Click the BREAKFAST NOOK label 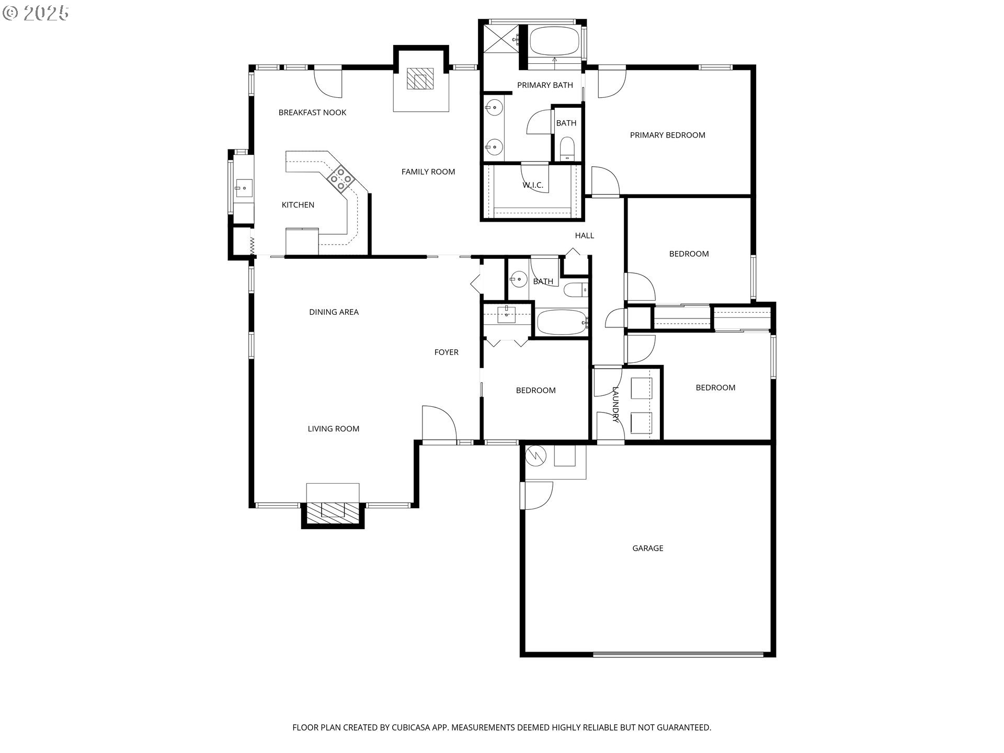312,112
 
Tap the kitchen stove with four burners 340,177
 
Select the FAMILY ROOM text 428,172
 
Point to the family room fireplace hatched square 420,79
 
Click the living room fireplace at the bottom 333,510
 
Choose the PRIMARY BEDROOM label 667,135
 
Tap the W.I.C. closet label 532,185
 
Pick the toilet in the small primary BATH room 567,149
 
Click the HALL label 584,235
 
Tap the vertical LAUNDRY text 615,404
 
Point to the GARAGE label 647,548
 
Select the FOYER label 446,352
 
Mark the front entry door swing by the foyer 438,424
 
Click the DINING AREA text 334,312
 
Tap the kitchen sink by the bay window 243,187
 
